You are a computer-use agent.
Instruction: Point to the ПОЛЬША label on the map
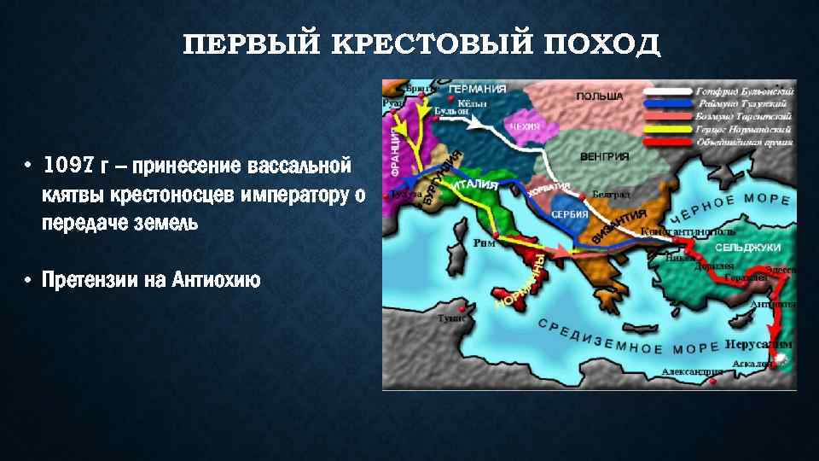coord(600,96)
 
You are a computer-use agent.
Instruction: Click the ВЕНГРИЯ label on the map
coord(604,156)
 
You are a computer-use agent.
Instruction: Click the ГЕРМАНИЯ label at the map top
coord(478,89)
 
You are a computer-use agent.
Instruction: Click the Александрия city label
coord(692,372)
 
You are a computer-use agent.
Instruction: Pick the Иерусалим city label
coord(758,344)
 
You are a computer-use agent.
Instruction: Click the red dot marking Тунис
coord(462,307)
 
